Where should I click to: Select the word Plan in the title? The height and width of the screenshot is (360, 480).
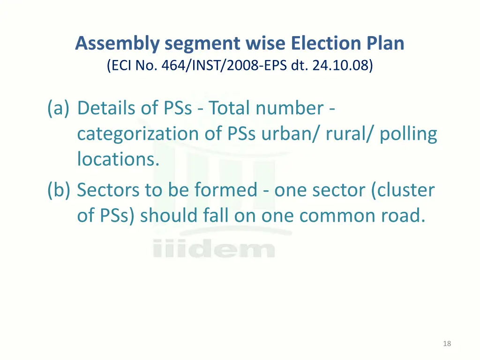pos(384,44)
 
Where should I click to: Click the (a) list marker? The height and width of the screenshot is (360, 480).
pos(59,108)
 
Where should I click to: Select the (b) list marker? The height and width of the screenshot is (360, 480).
pos(59,190)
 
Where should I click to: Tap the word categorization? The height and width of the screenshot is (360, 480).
pos(137,134)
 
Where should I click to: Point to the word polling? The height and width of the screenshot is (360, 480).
pos(408,135)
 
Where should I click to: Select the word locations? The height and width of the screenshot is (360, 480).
pos(118,159)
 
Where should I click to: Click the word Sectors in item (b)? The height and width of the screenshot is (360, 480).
pos(107,190)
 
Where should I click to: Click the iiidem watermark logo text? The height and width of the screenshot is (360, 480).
pos(213,248)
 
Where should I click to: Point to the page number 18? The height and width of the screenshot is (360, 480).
pos(447,344)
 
